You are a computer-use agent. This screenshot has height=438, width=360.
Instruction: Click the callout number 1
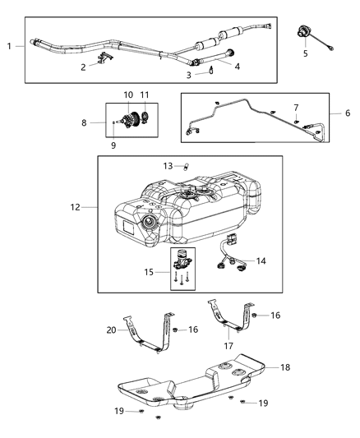9,47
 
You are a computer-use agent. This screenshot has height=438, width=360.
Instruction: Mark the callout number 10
128,95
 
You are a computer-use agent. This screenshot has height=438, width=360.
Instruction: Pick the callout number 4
238,67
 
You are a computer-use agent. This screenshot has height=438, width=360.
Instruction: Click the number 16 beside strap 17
275,315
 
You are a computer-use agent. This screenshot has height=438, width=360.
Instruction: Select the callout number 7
297,108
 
